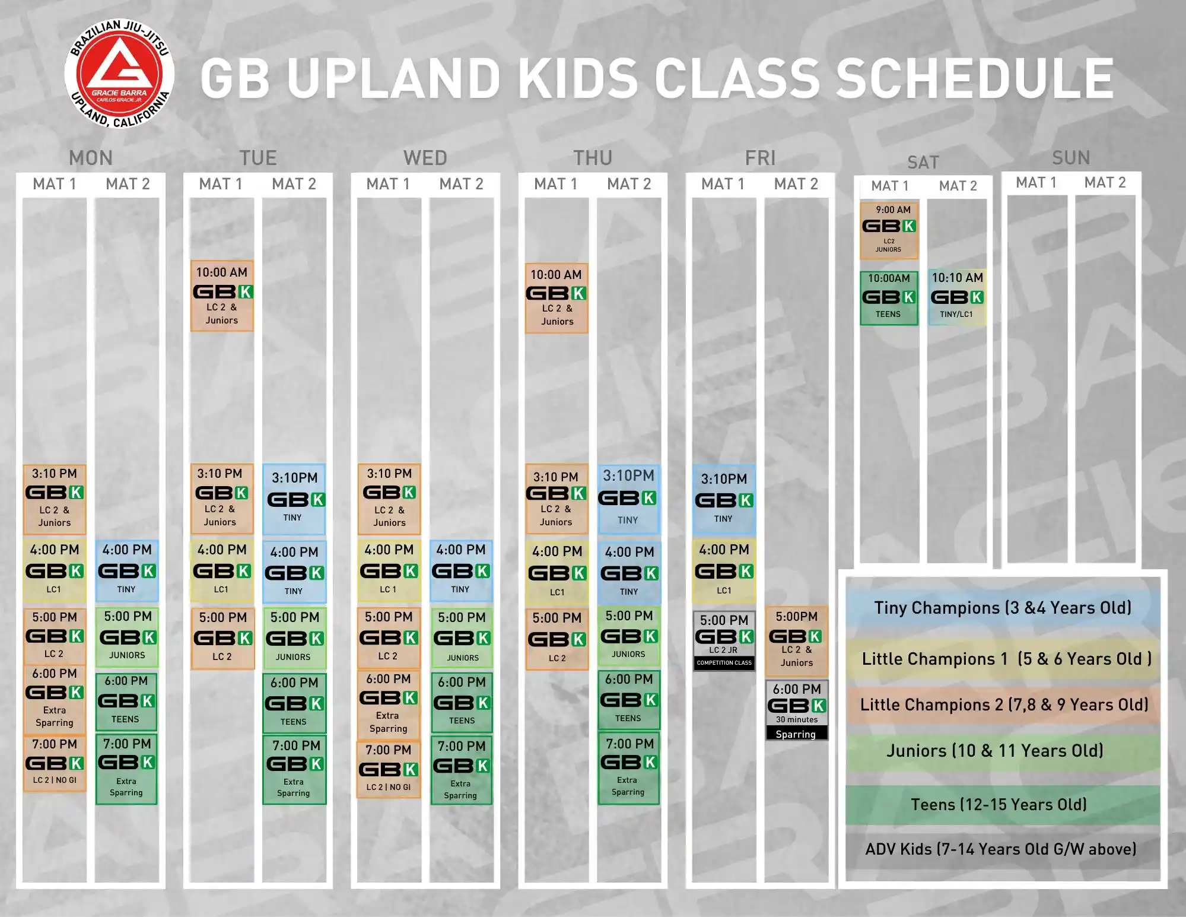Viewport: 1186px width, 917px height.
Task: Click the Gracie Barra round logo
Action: click(119, 74)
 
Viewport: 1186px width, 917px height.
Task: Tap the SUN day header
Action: click(1071, 157)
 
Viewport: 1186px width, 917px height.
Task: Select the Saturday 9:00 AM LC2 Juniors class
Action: click(889, 230)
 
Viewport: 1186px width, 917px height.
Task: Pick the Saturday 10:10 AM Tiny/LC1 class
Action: click(957, 297)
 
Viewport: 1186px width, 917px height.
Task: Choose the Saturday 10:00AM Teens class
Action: click(889, 298)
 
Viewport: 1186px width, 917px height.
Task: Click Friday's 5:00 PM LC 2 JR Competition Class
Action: click(724, 641)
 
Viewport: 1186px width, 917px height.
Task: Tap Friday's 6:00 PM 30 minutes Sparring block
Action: click(796, 710)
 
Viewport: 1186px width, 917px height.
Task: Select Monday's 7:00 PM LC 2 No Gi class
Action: click(55, 763)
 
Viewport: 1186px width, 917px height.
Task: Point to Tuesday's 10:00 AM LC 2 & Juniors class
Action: click(222, 296)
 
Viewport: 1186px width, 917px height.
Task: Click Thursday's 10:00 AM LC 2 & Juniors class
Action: click(557, 298)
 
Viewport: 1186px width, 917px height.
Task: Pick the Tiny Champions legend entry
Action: click(1003, 608)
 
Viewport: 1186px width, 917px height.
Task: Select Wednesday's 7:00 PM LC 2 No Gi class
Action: click(389, 769)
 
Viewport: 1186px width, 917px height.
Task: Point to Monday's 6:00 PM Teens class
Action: click(126, 702)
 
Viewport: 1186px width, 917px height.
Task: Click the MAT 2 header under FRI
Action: click(796, 184)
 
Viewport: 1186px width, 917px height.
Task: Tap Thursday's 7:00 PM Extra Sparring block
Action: click(629, 769)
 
